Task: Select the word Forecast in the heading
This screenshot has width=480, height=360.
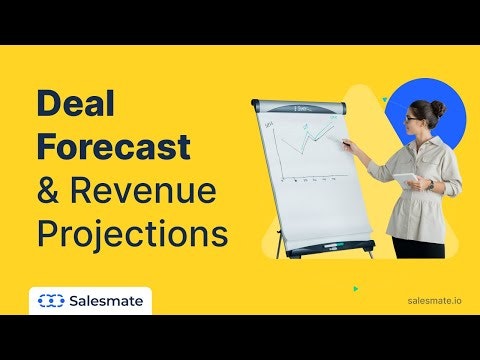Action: tap(113, 147)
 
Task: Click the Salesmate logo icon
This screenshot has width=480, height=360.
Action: tap(50, 300)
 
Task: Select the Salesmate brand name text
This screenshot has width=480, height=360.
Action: tap(107, 300)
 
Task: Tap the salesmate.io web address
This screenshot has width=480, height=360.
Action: tap(435, 300)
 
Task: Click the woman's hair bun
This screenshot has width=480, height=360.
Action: tap(438, 108)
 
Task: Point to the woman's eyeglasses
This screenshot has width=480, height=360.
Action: tap(415, 120)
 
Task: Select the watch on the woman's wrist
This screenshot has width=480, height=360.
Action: tap(429, 185)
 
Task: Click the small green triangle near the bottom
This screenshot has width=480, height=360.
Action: tap(356, 289)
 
